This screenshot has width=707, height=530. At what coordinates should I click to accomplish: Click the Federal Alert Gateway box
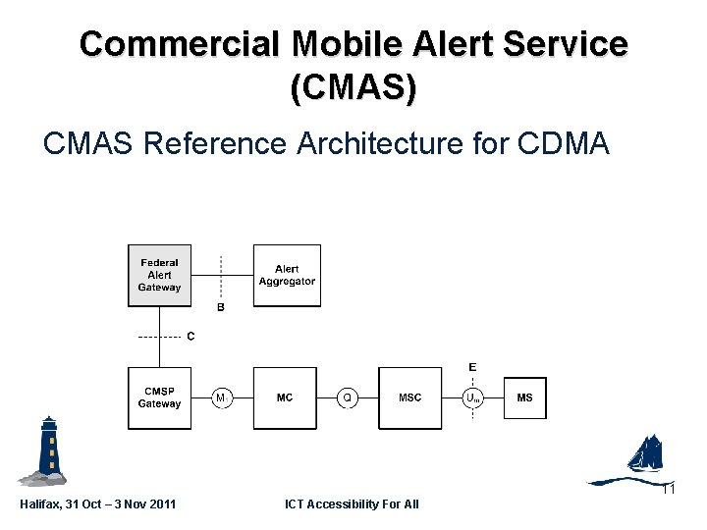(x=160, y=276)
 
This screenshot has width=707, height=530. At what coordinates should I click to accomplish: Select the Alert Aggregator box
(x=287, y=276)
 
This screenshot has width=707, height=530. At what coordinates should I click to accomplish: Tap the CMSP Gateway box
(x=160, y=397)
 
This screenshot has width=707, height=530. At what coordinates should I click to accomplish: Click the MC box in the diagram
(x=285, y=397)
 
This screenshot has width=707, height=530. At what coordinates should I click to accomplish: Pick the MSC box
(x=410, y=397)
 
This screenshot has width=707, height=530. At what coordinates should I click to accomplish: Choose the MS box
(x=525, y=397)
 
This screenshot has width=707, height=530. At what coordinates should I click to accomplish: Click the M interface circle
(x=222, y=397)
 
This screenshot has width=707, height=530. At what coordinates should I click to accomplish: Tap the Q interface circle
(x=348, y=397)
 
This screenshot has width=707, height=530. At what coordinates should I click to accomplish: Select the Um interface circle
(x=473, y=397)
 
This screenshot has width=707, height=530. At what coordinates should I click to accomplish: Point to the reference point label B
(x=221, y=307)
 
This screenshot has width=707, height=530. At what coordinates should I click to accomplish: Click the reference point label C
(x=190, y=337)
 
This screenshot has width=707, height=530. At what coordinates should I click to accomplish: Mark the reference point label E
(x=472, y=366)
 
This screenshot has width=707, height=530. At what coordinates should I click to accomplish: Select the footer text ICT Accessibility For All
(x=352, y=504)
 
